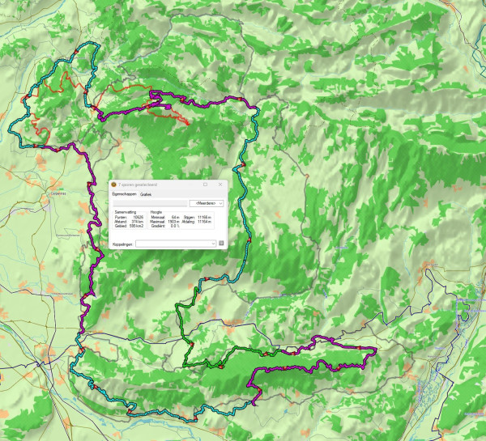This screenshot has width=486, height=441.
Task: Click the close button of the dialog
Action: point(220,184)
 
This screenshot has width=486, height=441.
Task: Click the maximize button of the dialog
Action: point(205,184)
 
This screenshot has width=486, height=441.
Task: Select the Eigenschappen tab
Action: point(124,194)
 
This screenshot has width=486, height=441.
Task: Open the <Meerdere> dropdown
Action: point(206,203)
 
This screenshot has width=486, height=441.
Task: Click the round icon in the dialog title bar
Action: point(113,184)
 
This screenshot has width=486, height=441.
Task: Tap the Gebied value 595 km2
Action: point(137,226)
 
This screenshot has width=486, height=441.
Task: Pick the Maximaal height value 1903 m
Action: point(174,221)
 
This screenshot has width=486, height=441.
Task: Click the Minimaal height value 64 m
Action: point(175,217)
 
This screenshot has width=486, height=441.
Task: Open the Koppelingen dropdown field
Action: point(175,242)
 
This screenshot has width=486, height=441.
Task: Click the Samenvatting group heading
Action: point(124,211)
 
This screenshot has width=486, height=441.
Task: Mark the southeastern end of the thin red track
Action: point(190,124)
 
